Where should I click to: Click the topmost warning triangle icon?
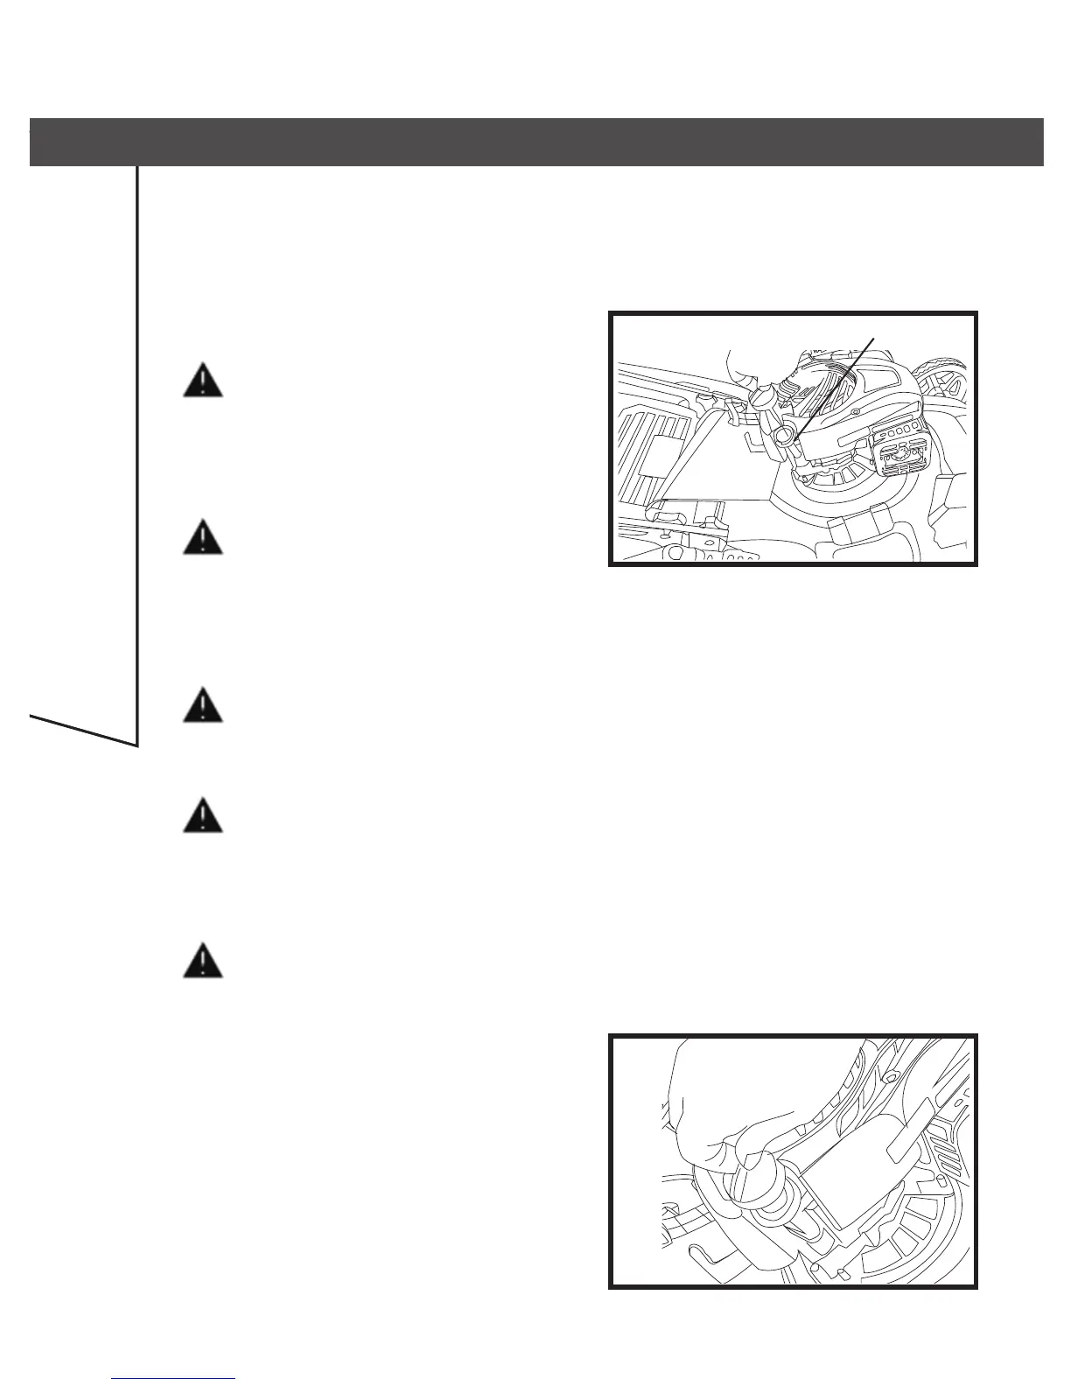coord(202,382)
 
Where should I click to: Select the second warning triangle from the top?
coord(202,536)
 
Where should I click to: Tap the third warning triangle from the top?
coord(202,705)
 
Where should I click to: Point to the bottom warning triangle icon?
coord(202,960)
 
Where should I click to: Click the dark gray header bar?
coord(535,142)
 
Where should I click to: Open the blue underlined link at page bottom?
coord(174,1379)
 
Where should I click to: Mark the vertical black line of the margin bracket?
coord(137,455)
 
